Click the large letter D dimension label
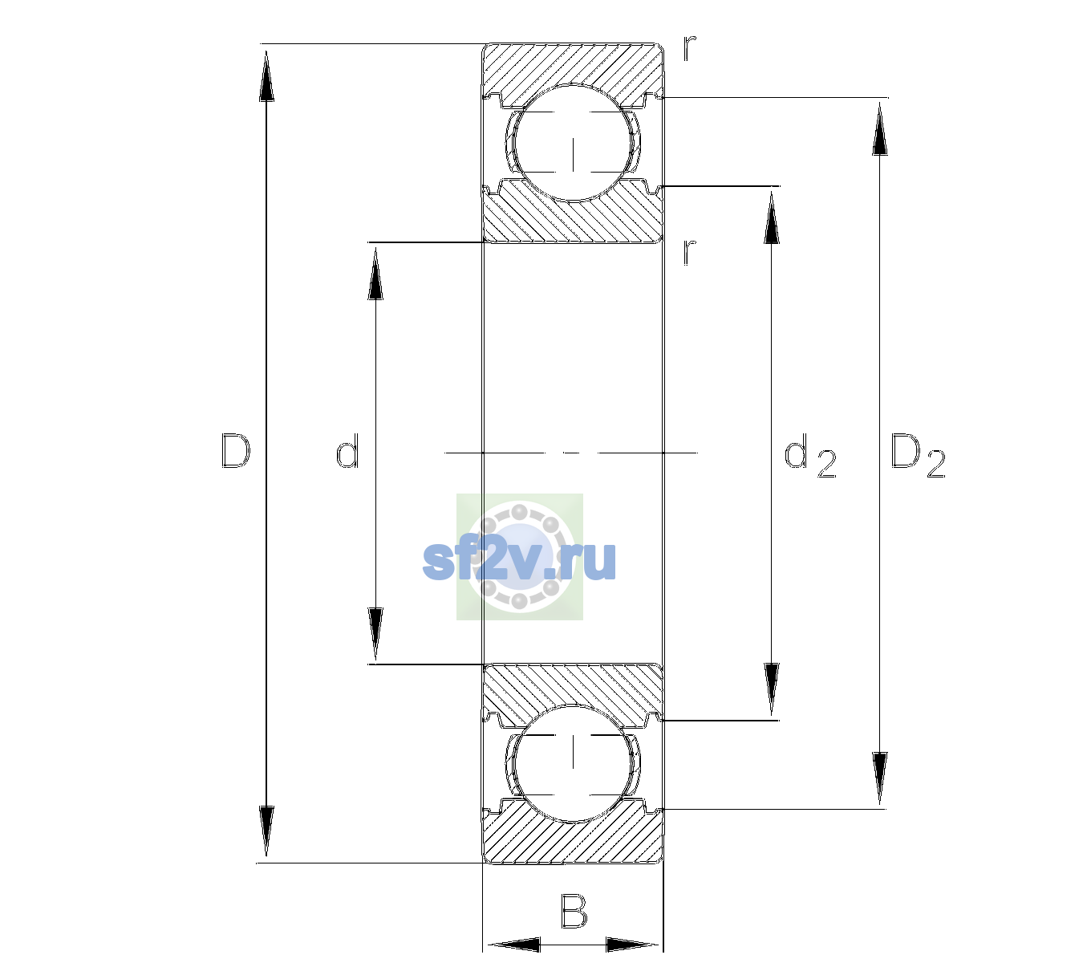coord(236,451)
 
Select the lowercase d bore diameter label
coord(347,450)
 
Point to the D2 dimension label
coord(918,456)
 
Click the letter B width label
coord(574,911)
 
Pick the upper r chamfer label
coord(690,48)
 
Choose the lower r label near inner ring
coord(690,252)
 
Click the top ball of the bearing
coord(573,143)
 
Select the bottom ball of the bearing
coord(573,763)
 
